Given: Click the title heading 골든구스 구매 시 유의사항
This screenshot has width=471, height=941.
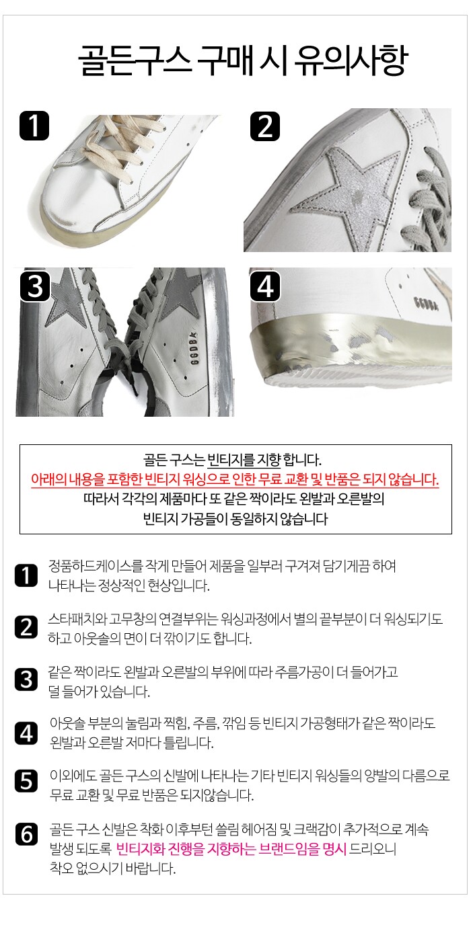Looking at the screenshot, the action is [x=243, y=60].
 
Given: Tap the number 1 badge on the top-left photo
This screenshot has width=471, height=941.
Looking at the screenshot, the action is [x=34, y=126].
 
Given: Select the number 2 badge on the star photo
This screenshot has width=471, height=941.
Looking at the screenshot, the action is [x=265, y=126].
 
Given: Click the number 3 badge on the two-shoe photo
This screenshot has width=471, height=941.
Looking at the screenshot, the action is [x=35, y=286].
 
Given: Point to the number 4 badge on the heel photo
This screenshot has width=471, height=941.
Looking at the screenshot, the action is [x=265, y=286].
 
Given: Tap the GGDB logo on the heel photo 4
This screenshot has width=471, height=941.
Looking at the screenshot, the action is [x=425, y=303].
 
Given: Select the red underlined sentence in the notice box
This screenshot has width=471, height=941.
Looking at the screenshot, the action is [x=235, y=479].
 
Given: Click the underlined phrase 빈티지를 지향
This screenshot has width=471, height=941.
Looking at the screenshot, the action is [x=244, y=460].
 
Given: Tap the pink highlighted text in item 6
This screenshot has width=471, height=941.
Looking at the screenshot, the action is [x=231, y=848].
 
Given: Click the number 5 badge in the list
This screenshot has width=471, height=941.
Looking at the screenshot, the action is [x=26, y=781].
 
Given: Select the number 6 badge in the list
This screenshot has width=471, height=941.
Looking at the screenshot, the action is [x=26, y=834].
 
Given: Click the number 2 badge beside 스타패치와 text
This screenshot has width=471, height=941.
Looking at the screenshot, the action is [x=26, y=627].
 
